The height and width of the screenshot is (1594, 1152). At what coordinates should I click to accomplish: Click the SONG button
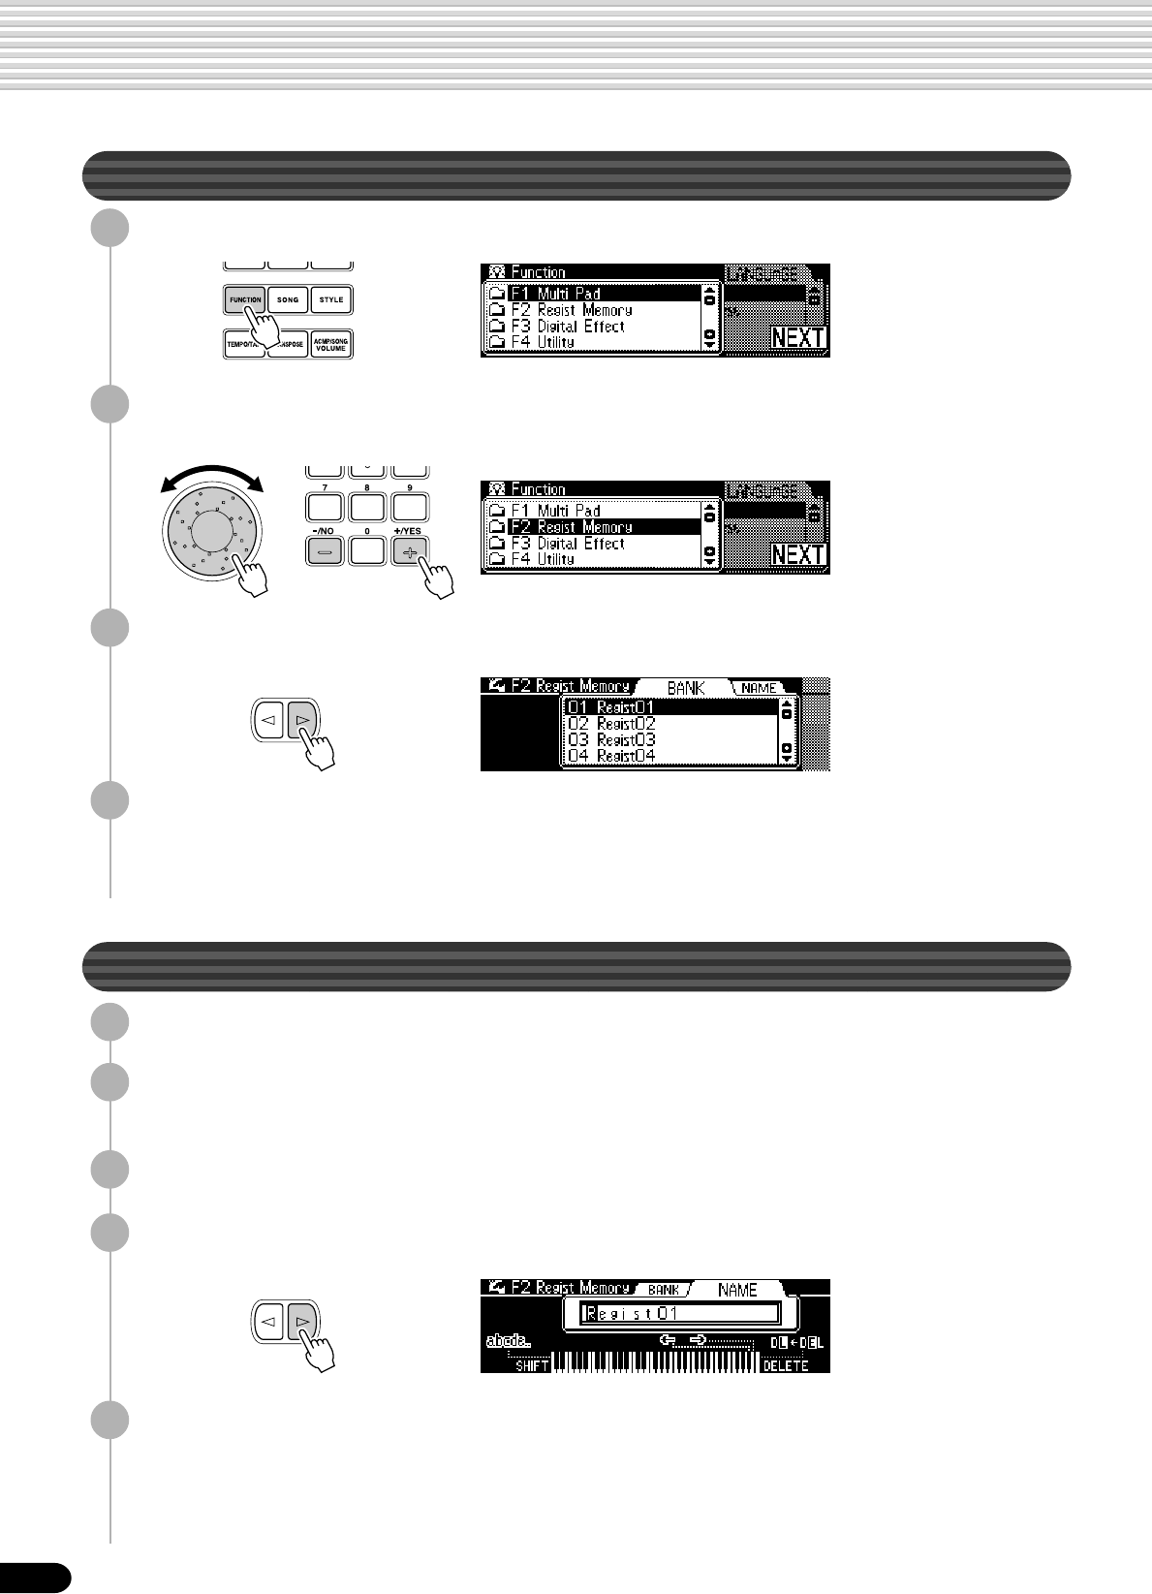(x=288, y=300)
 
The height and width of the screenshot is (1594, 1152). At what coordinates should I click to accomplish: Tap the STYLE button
(x=331, y=300)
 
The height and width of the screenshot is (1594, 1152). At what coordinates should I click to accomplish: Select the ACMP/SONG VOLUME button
(x=331, y=345)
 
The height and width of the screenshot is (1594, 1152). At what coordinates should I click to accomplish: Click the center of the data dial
(x=212, y=529)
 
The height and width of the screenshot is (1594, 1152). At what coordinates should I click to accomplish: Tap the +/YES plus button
(x=410, y=551)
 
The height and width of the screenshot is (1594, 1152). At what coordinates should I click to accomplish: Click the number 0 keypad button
(x=367, y=551)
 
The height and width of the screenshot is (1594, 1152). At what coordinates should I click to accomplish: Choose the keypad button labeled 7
(x=325, y=507)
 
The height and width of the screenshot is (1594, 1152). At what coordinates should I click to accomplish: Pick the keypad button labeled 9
(x=410, y=507)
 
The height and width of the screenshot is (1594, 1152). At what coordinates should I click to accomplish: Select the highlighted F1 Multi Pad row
(x=593, y=293)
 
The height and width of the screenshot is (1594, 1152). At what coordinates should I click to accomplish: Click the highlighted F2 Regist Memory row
(x=593, y=526)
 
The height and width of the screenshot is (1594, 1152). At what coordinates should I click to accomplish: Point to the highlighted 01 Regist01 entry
(x=670, y=707)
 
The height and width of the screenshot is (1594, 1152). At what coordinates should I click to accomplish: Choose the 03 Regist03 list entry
(x=670, y=739)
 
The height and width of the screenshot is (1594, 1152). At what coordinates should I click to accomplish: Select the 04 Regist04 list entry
(x=670, y=755)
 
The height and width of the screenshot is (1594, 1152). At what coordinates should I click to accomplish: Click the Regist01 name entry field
(x=680, y=1314)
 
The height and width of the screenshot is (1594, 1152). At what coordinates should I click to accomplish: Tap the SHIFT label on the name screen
(x=532, y=1365)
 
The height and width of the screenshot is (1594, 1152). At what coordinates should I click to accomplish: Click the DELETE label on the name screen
(x=785, y=1365)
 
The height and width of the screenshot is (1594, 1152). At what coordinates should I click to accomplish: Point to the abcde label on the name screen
(x=508, y=1341)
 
